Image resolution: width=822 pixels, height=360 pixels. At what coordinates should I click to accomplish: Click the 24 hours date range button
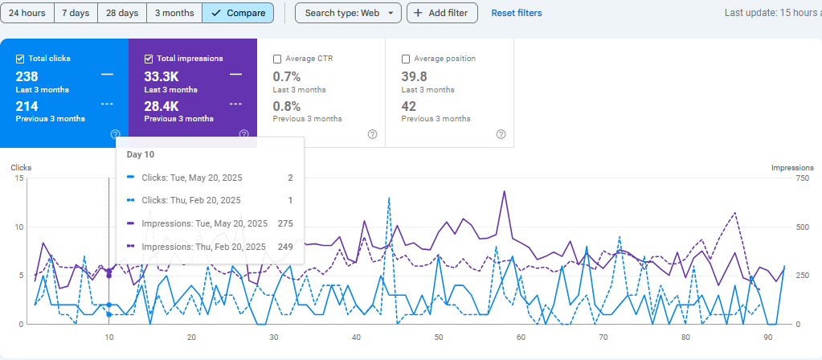tap(27, 13)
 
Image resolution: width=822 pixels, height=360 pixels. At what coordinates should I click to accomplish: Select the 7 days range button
tap(76, 13)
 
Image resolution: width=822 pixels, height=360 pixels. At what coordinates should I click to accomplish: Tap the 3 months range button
tap(174, 13)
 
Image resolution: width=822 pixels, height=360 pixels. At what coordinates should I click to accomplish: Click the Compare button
tap(238, 13)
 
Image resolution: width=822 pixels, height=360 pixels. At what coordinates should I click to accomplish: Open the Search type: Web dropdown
tap(348, 13)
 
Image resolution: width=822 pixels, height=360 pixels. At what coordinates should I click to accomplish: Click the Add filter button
tap(443, 13)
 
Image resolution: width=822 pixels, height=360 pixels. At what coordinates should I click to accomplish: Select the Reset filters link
tap(517, 13)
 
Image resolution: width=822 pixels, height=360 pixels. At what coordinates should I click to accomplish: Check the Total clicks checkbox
tap(21, 59)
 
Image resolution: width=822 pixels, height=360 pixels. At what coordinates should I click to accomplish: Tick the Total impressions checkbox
tap(149, 59)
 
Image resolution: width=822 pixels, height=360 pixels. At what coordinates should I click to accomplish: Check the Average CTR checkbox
tap(277, 59)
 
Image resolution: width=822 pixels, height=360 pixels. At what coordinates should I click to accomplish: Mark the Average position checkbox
tap(406, 59)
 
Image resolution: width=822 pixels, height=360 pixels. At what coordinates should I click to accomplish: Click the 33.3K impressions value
tap(162, 76)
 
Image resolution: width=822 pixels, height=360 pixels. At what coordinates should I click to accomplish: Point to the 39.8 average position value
tap(414, 76)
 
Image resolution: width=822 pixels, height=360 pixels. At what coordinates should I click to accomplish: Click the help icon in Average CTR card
tap(372, 134)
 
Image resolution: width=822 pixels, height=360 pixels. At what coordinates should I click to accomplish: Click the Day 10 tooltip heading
tap(141, 154)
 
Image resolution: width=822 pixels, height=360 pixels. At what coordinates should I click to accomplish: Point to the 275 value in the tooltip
tap(284, 223)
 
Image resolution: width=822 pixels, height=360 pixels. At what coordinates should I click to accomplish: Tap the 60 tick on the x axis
tap(521, 338)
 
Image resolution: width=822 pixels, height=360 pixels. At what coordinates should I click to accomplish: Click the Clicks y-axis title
tap(21, 167)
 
